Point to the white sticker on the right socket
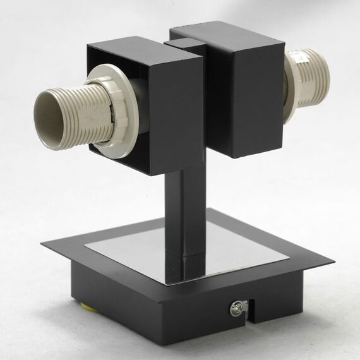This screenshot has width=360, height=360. (299, 57)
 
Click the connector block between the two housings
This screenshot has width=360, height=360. (185, 45)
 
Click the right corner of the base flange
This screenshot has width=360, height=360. (332, 260)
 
